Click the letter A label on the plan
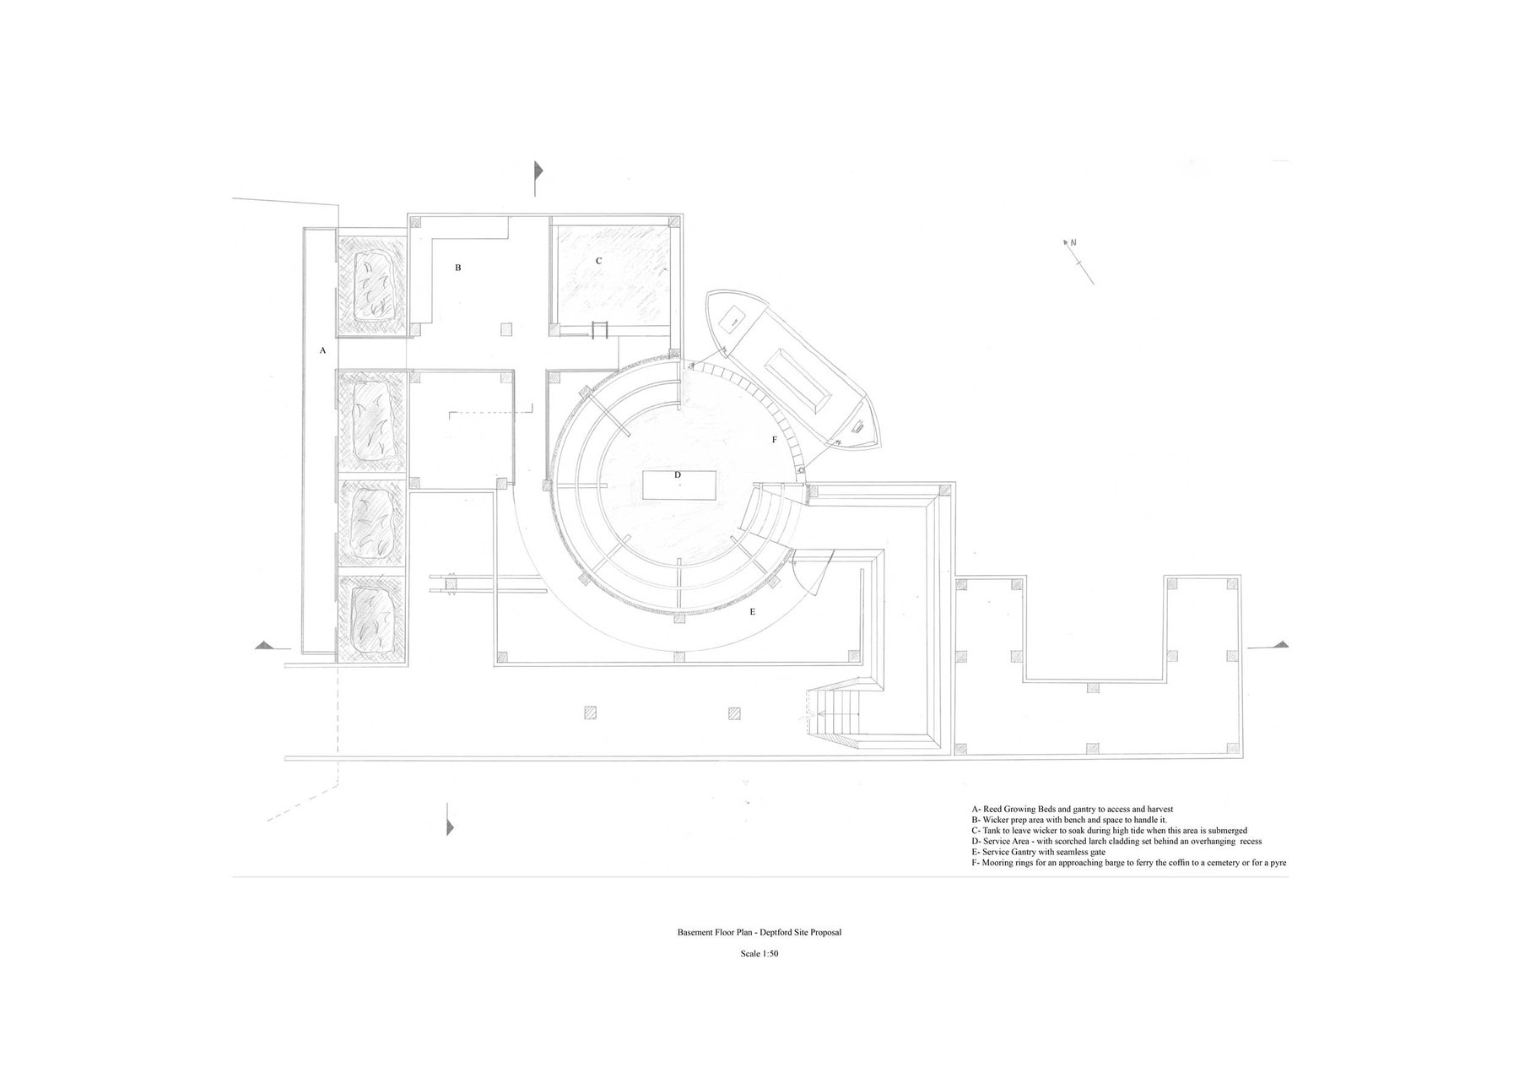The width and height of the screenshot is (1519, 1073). pyautogui.click(x=322, y=350)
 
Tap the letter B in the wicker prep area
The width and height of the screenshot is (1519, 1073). pyautogui.click(x=458, y=268)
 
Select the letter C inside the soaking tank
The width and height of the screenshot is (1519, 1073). pyautogui.click(x=599, y=261)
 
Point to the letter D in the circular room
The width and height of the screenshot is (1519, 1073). pyautogui.click(x=678, y=475)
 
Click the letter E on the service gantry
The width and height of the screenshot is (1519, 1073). pyautogui.click(x=752, y=611)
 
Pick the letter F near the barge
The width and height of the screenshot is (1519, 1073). pyautogui.click(x=775, y=440)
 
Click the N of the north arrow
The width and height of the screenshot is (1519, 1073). pyautogui.click(x=1073, y=243)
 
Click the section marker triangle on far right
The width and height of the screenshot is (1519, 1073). pyautogui.click(x=1282, y=644)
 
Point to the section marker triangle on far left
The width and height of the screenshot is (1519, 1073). pyautogui.click(x=266, y=645)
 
